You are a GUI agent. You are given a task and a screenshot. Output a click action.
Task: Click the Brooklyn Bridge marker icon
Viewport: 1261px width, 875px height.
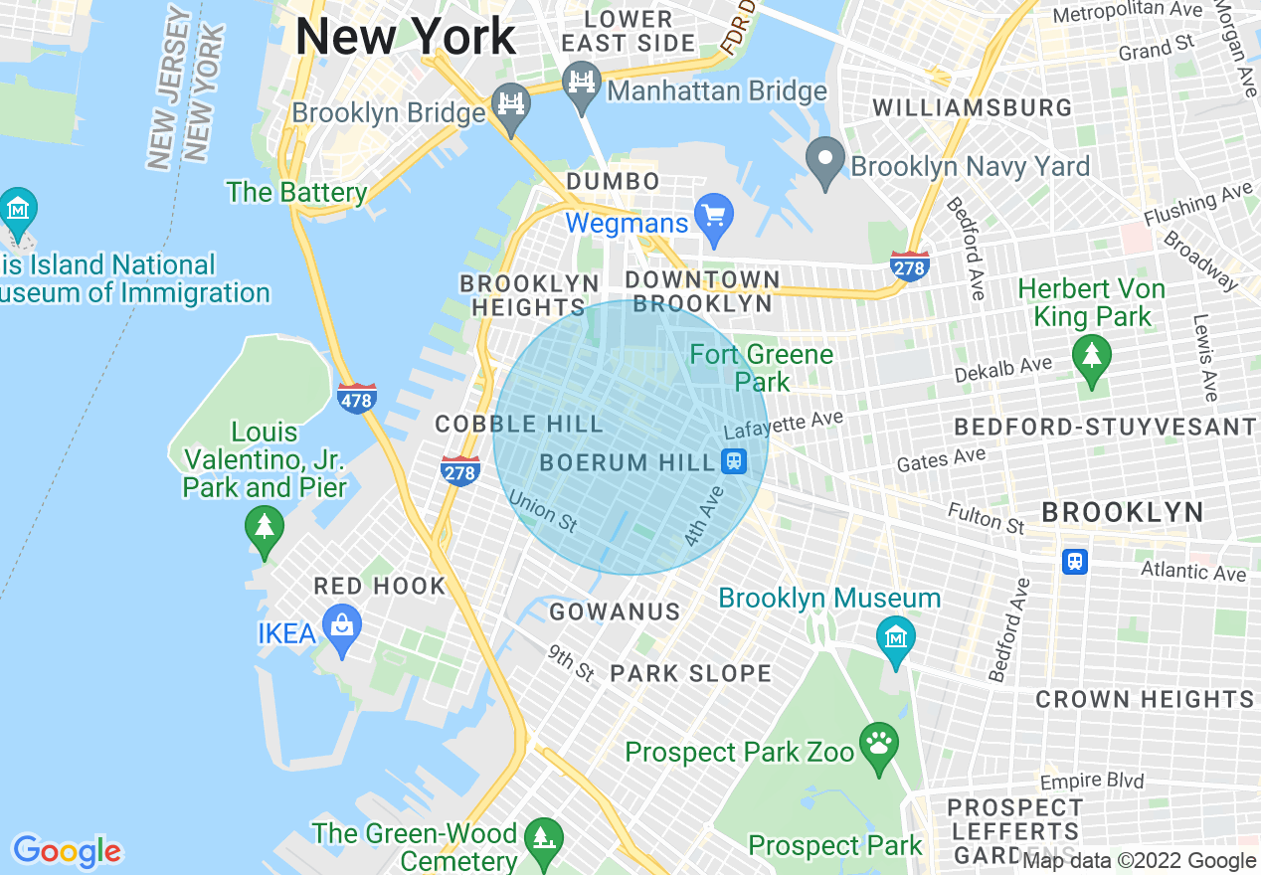[x=511, y=106]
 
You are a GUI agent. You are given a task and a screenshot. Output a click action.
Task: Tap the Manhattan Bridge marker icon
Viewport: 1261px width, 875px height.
[x=582, y=85]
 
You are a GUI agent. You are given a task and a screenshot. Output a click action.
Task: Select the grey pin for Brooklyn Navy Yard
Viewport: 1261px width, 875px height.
[x=824, y=162]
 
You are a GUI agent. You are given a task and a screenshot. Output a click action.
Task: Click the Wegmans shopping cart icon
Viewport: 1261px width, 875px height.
[x=713, y=218]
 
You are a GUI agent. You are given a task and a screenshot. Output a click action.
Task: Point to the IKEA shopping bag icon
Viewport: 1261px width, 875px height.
[x=342, y=630]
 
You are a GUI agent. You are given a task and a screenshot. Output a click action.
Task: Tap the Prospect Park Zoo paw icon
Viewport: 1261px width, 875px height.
[x=878, y=747]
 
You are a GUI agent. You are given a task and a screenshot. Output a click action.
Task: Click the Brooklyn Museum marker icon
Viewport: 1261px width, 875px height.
[x=896, y=637]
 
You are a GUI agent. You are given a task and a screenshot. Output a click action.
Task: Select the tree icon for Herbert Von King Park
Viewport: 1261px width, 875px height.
[x=1091, y=359]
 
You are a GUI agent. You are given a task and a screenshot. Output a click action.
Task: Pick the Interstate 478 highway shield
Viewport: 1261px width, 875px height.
[x=356, y=399]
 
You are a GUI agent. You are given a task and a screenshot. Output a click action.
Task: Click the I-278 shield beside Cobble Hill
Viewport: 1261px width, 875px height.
[x=460, y=470]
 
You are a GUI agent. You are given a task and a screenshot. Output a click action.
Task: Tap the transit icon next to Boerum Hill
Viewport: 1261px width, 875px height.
[x=734, y=461]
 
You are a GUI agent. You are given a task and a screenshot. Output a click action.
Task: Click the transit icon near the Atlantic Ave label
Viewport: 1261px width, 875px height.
[x=1074, y=561]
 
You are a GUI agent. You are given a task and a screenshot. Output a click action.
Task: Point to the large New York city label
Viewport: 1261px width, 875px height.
[x=406, y=38]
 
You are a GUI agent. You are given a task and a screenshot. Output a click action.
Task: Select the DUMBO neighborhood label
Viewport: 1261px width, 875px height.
[x=613, y=182]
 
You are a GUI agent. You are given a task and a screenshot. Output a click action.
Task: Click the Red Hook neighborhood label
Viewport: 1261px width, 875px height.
[x=380, y=586]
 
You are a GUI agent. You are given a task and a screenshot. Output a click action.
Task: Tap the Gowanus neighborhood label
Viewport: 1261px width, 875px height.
[x=615, y=612]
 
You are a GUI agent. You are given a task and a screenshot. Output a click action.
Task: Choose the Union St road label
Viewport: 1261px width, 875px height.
[x=543, y=510]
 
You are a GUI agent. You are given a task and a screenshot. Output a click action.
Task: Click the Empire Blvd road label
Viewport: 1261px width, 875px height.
[x=1092, y=782]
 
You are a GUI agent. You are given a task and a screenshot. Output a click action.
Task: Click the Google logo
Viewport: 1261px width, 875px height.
[x=67, y=851]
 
